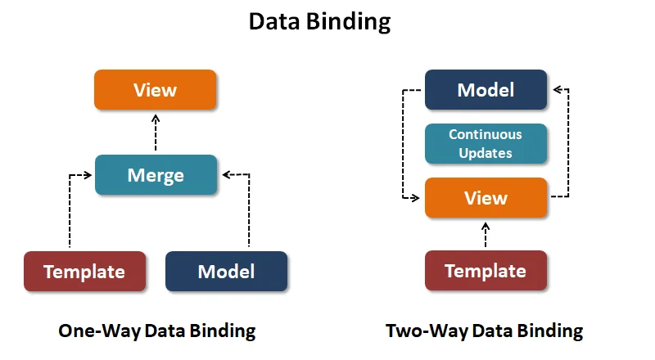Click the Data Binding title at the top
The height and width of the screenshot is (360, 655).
coord(320,22)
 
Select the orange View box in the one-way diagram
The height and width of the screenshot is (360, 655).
coord(155,89)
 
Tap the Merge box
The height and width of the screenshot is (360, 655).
coord(156,174)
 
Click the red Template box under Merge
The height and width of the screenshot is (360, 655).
coord(84,271)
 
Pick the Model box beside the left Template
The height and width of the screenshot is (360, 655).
coord(227,271)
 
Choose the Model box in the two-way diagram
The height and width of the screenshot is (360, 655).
coord(486,89)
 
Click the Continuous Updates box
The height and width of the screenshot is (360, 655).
coord(486,143)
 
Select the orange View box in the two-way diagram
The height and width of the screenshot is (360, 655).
coord(486,197)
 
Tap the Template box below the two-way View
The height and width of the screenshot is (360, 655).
coord(486,271)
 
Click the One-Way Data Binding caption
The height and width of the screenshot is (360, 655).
coord(157,331)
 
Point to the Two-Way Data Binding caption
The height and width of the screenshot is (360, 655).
coord(484,331)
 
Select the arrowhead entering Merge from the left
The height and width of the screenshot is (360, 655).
coord(89,174)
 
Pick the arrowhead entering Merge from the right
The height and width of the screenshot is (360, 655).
coord(224,174)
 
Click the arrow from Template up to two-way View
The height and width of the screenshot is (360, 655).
coord(486,235)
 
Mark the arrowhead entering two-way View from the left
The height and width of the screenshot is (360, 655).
coord(419,197)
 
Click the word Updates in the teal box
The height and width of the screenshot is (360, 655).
coord(486,152)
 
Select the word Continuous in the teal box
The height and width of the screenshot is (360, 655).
coord(486,134)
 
